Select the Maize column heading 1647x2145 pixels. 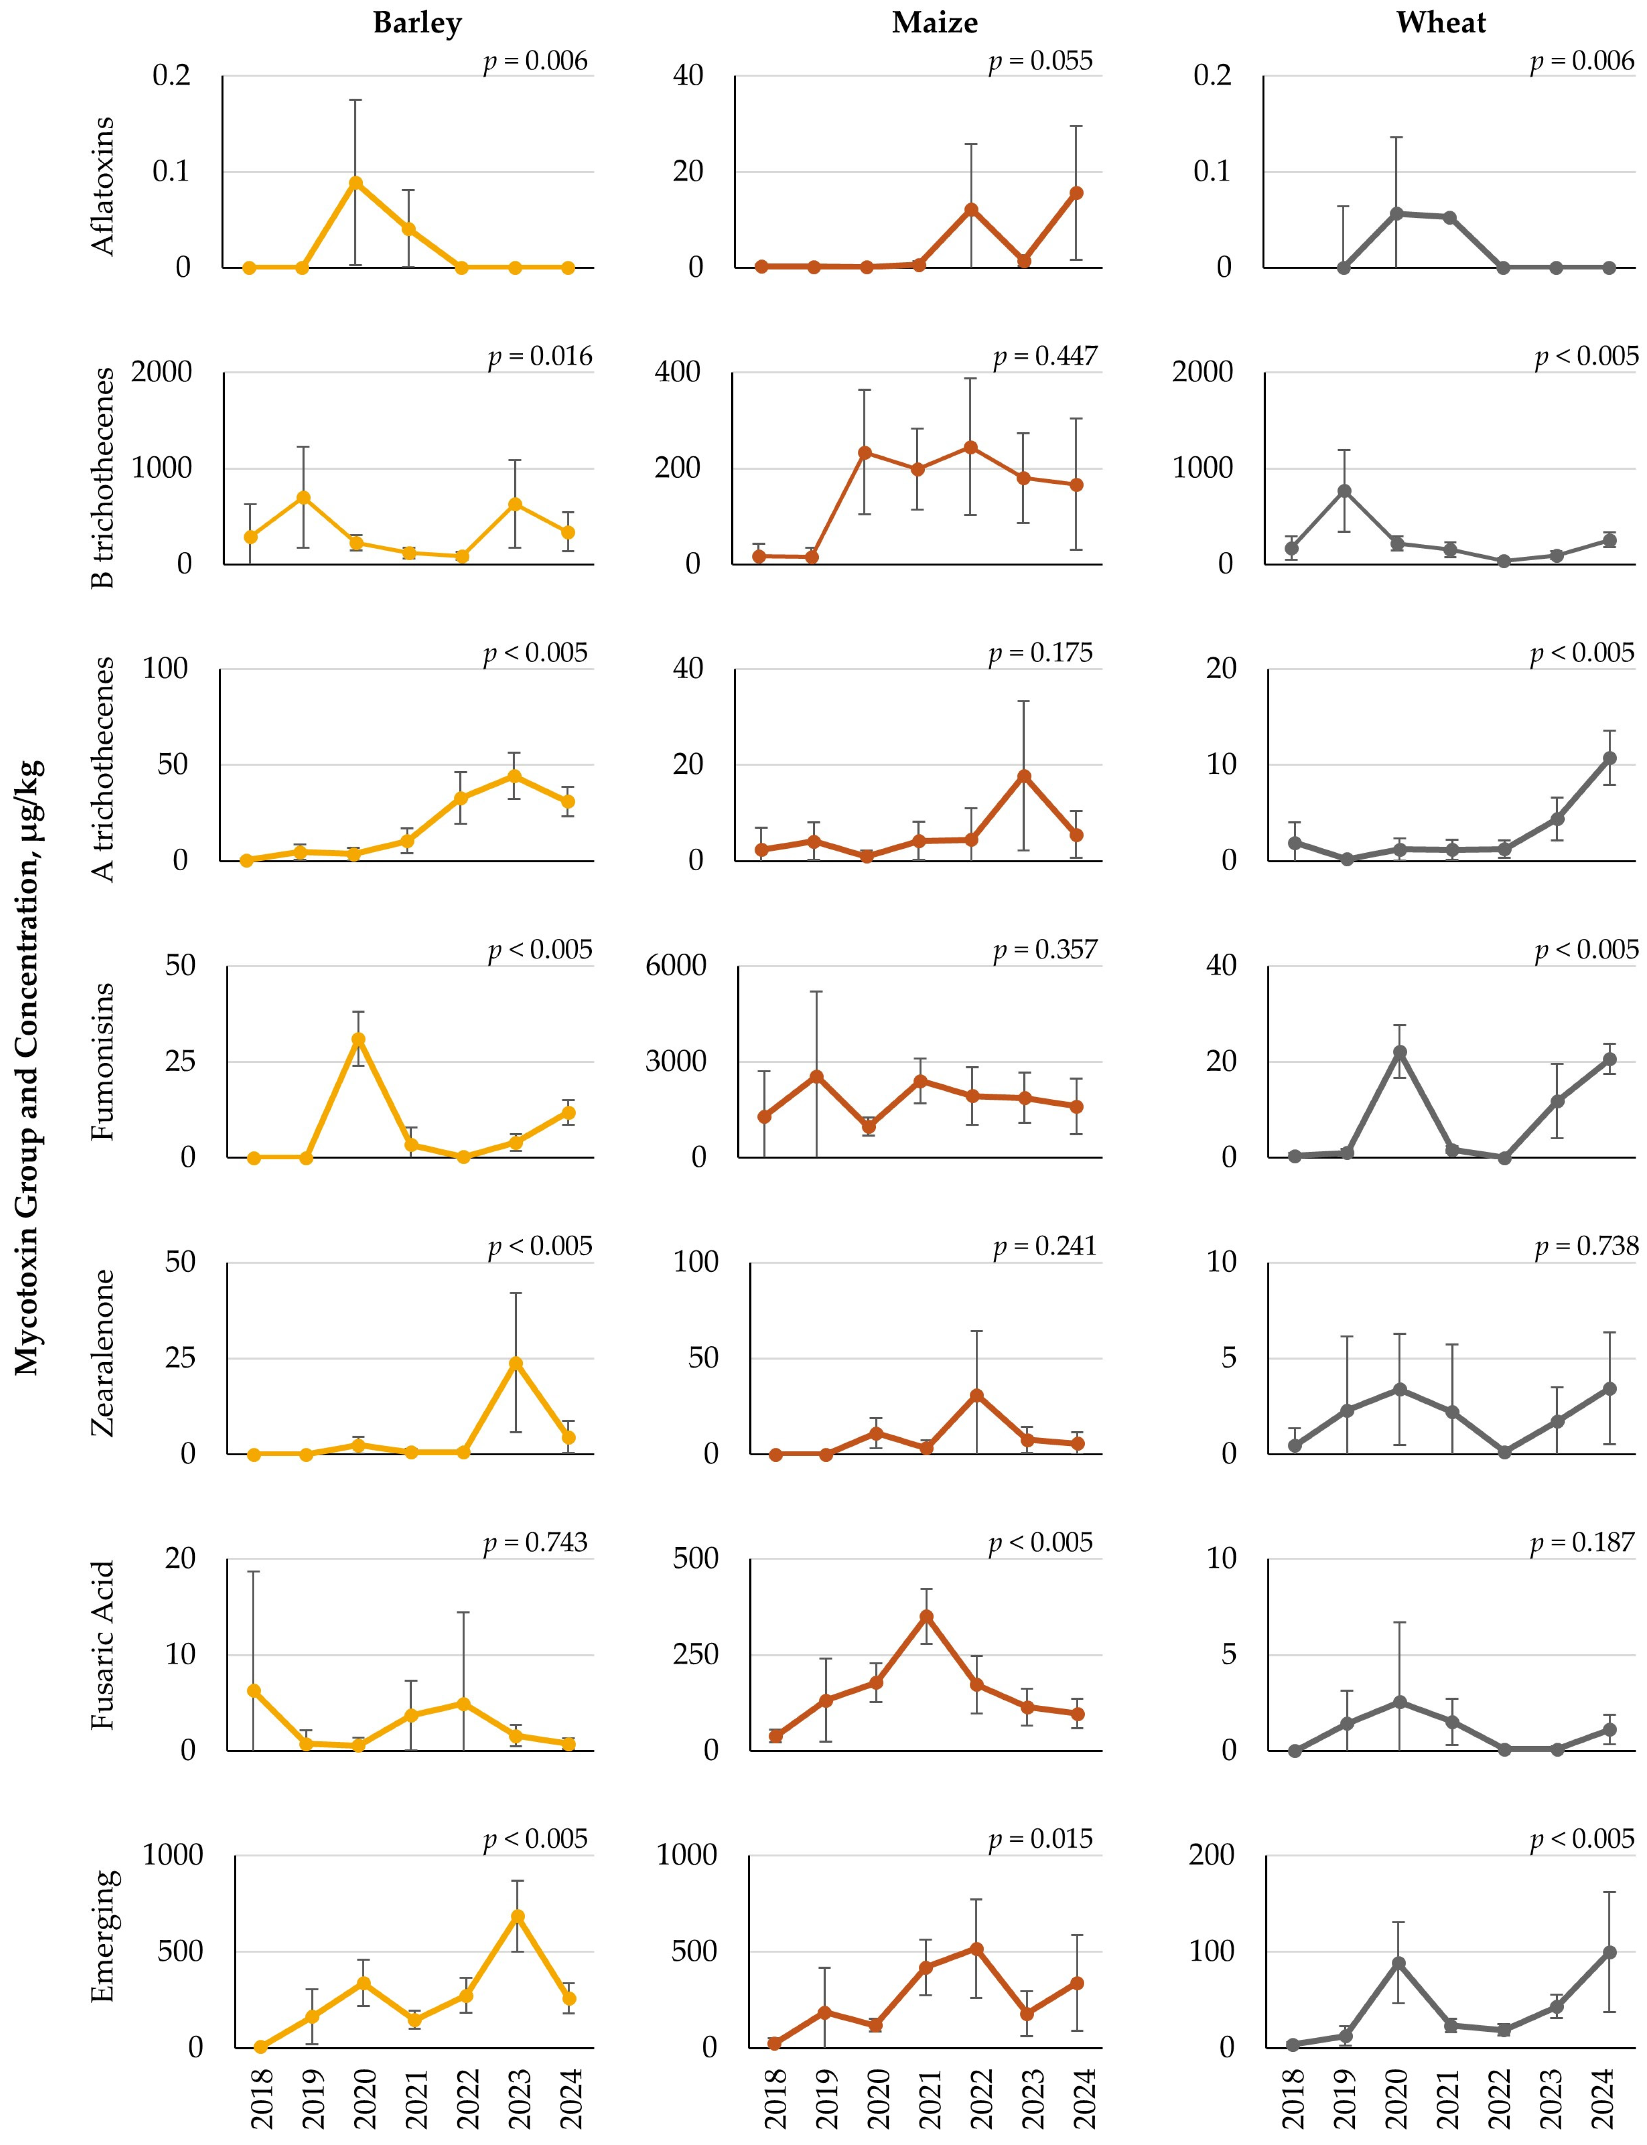coord(934,23)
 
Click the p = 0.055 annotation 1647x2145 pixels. coord(1040,61)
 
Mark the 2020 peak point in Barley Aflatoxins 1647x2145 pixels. coord(356,182)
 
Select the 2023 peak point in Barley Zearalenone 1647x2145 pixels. coord(516,1363)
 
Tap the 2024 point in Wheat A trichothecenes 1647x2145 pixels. coord(1609,758)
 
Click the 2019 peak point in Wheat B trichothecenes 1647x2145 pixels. coord(1345,490)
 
